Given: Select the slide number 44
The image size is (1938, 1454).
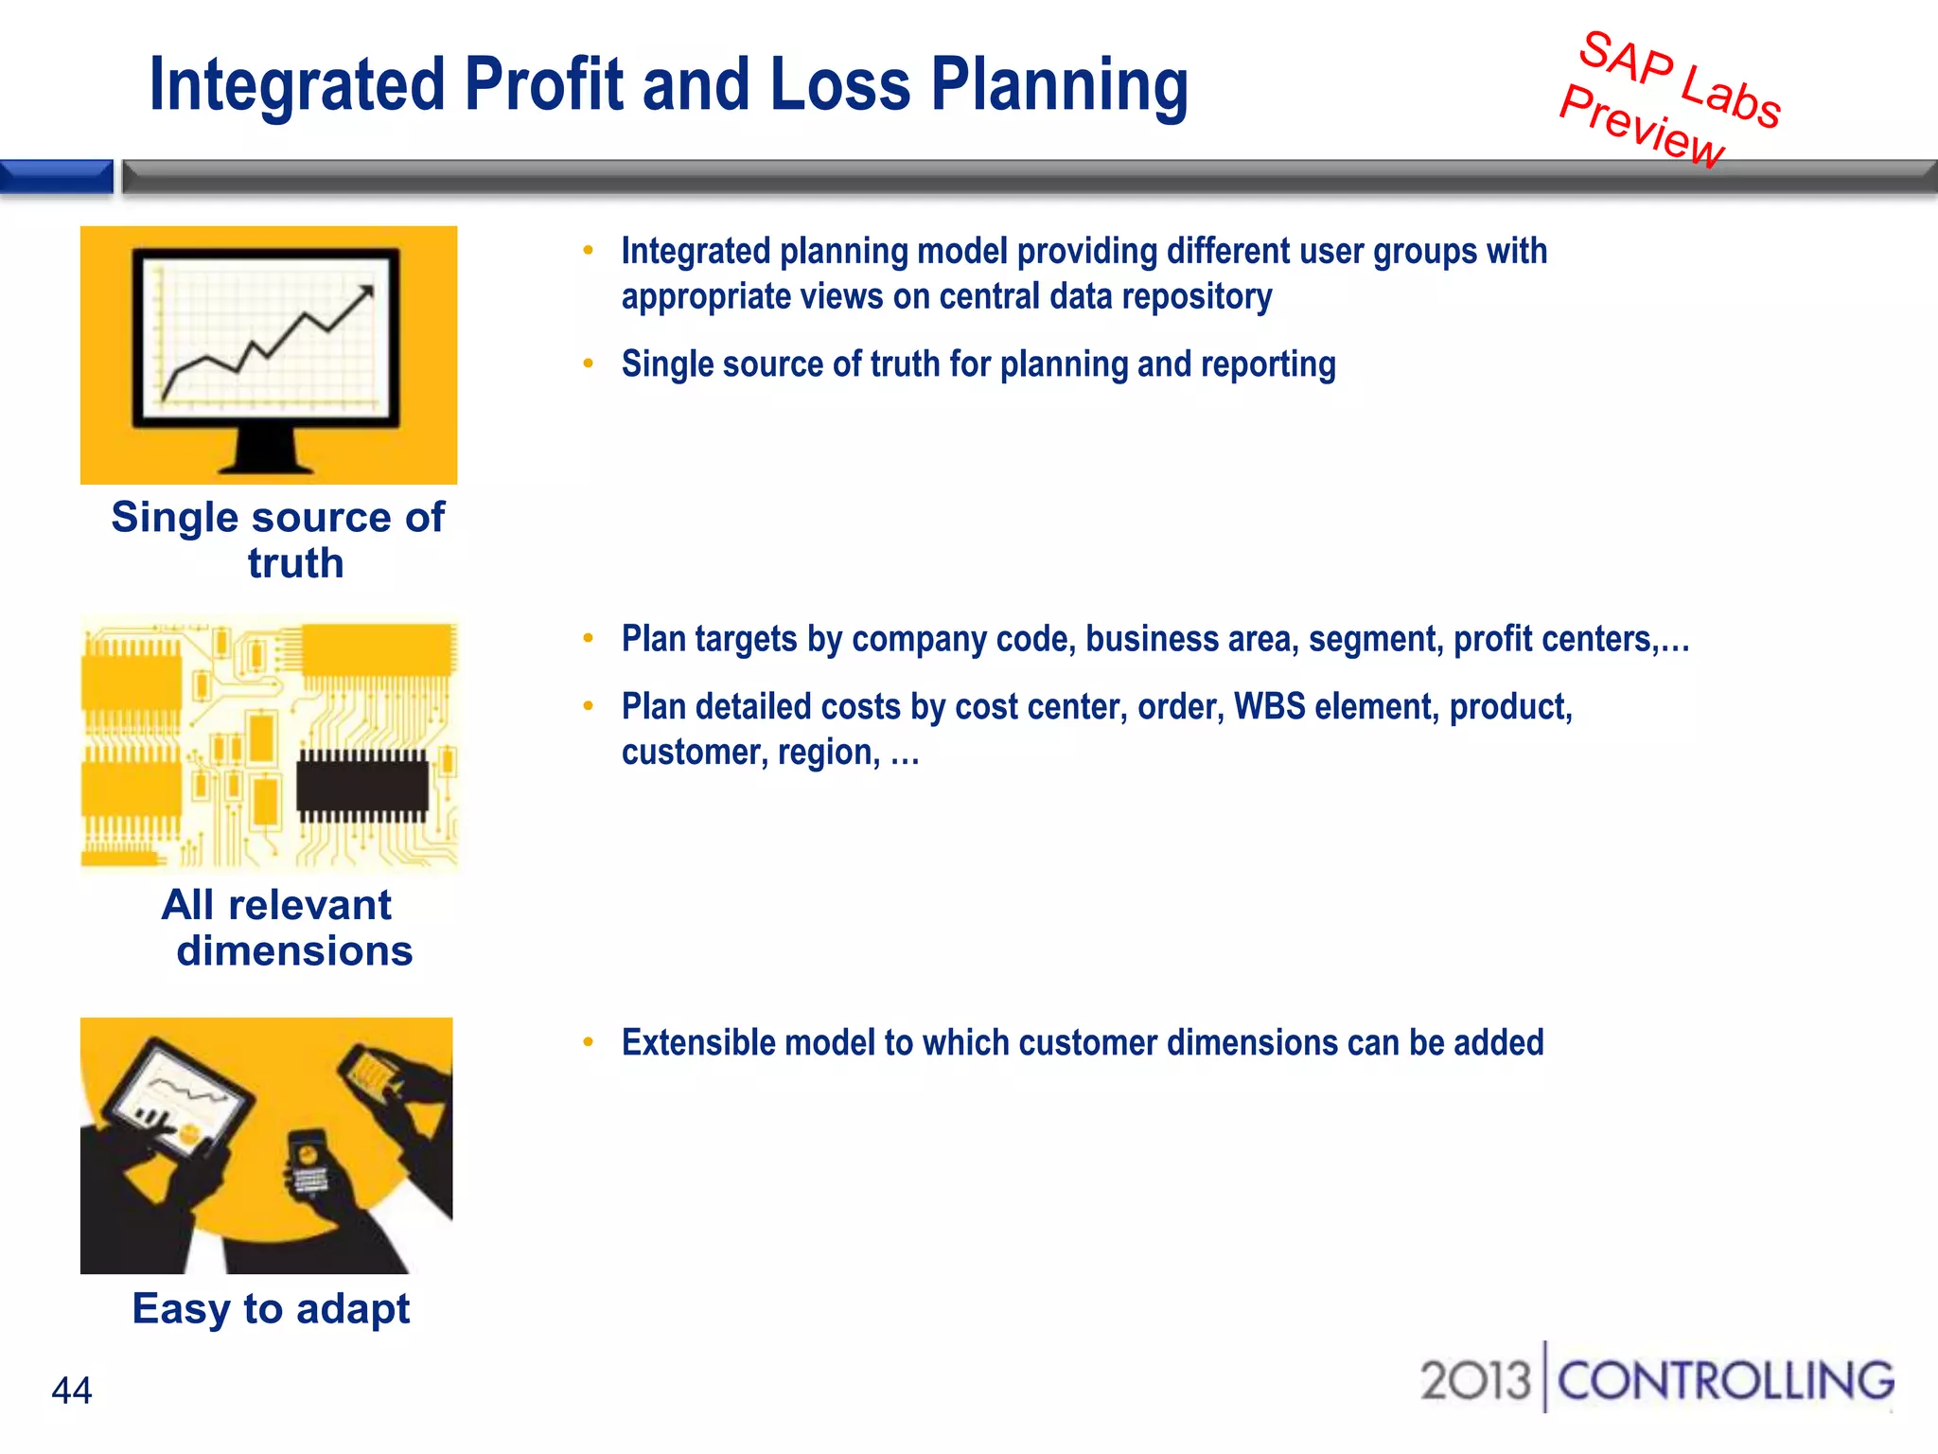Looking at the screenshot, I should (72, 1391).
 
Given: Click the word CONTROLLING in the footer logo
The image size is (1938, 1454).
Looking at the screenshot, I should (1725, 1381).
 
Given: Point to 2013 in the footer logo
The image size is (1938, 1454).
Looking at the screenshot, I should (1474, 1381).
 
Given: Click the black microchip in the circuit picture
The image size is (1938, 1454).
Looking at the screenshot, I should (362, 787).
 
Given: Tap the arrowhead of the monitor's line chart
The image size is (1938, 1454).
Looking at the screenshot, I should (366, 292).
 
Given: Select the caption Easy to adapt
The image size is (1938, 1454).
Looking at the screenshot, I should (271, 1309).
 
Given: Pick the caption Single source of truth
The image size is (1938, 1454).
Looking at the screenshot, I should (277, 540).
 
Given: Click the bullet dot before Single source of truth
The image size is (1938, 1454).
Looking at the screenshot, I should (589, 363).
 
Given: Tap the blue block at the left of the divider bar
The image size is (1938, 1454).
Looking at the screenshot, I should (56, 176).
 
